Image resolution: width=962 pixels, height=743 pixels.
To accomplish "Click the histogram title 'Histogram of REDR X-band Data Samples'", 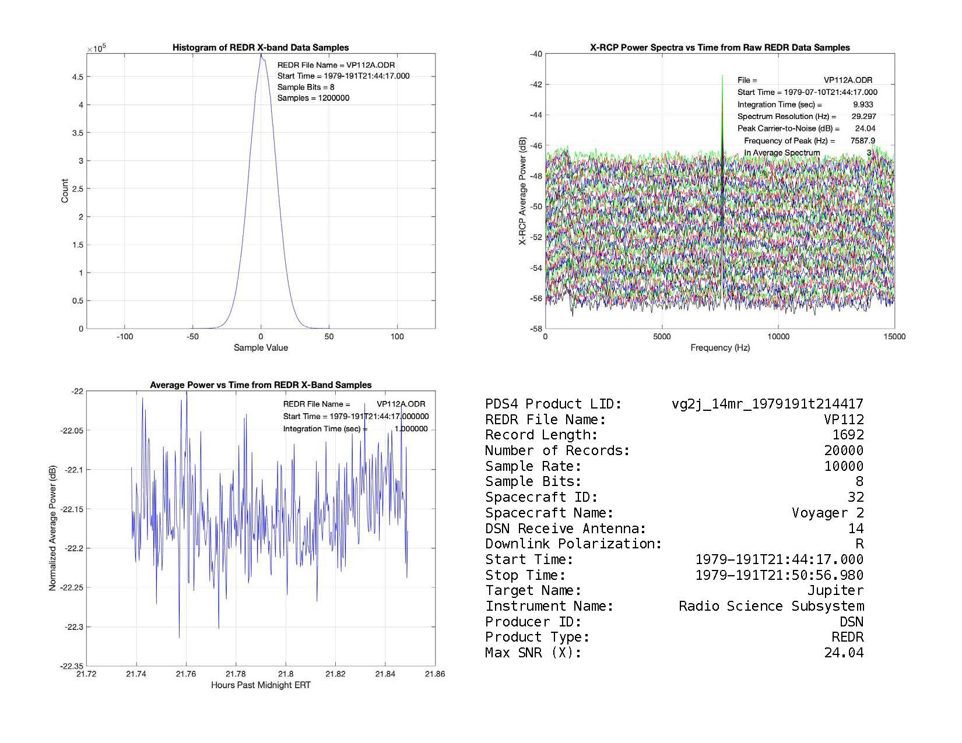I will (261, 48).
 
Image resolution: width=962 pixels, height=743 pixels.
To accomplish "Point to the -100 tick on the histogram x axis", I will (125, 337).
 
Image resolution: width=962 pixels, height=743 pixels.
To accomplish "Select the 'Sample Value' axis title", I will (261, 348).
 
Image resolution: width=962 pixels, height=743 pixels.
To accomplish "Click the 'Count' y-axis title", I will (65, 191).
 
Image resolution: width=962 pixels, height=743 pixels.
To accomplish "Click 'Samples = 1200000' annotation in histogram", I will (313, 98).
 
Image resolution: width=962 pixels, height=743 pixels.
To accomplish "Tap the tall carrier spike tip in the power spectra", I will (722, 76).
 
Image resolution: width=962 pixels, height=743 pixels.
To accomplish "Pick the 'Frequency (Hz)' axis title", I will (720, 348).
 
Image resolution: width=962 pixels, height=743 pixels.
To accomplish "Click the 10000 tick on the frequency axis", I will (778, 337).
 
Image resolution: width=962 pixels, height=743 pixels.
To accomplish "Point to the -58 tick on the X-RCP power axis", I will (535, 329).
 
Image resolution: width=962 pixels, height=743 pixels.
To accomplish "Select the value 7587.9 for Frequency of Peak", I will (862, 140).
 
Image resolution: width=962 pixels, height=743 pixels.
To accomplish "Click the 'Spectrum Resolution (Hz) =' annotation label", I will (787, 117).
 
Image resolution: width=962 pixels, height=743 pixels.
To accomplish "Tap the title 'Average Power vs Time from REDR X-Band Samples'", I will (261, 385).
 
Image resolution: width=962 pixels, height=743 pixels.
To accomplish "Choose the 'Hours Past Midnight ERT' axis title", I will (261, 685).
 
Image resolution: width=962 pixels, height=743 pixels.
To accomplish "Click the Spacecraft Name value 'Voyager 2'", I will (827, 513).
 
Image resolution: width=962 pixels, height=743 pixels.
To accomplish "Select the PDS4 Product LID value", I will (767, 404).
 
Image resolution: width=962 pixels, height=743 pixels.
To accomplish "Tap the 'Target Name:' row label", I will (533, 591).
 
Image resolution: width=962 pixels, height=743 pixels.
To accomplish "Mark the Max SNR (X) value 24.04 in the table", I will (844, 653).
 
